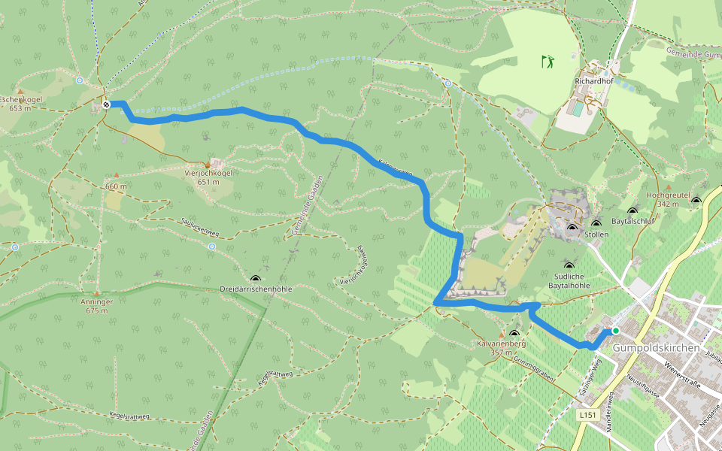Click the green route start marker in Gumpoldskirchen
click(615, 331)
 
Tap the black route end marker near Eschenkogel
click(107, 104)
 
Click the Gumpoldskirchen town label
click(656, 348)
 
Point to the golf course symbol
click(548, 61)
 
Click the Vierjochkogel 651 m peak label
click(208, 177)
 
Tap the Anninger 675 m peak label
click(97, 305)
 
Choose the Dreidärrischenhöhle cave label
click(256, 289)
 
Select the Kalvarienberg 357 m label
click(500, 347)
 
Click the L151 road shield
click(589, 415)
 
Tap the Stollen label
click(596, 235)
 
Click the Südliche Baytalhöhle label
click(569, 280)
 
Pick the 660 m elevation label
click(116, 186)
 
